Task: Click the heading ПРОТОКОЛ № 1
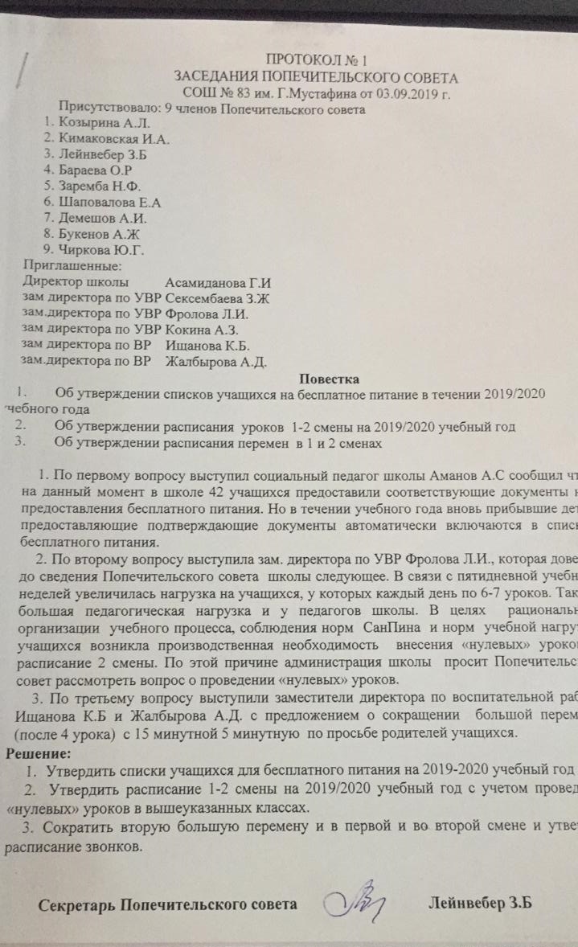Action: [x=317, y=60]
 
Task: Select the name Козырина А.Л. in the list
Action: [x=97, y=123]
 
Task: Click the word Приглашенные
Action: [x=73, y=265]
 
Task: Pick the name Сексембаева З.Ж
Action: [x=222, y=298]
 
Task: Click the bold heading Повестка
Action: [x=330, y=378]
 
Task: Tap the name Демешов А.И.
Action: [x=101, y=218]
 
